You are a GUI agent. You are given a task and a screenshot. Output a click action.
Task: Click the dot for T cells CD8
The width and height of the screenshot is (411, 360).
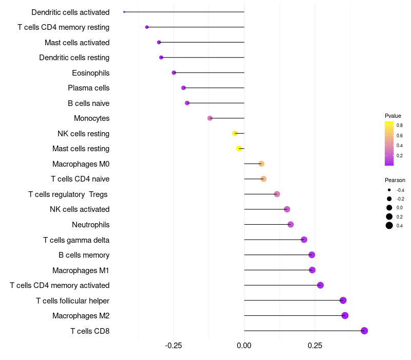(x=364, y=331)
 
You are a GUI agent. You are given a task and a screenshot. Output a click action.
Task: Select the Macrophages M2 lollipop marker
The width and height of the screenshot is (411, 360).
(x=345, y=315)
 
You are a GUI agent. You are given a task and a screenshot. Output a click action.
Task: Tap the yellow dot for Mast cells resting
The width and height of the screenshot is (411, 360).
(x=239, y=149)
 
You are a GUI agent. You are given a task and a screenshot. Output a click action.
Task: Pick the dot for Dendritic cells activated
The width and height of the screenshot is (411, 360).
(x=124, y=12)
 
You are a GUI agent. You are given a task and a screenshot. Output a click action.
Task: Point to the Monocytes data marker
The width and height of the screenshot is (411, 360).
(x=210, y=118)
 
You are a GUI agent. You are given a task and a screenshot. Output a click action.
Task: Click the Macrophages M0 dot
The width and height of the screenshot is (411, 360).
(x=261, y=164)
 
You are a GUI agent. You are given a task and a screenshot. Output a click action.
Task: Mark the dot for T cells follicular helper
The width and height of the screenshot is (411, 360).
(x=343, y=300)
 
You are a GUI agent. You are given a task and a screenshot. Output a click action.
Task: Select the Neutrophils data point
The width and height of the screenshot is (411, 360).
(x=291, y=224)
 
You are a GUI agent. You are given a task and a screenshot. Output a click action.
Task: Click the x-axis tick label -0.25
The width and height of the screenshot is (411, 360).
(x=173, y=345)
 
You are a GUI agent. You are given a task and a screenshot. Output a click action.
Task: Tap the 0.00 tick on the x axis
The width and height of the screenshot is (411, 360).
(x=244, y=345)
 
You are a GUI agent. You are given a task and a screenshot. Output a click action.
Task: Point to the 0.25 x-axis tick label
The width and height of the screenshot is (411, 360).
(x=315, y=345)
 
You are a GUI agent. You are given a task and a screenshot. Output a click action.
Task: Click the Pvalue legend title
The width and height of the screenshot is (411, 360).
(x=393, y=116)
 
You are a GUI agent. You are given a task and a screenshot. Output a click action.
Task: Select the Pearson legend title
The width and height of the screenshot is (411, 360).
(x=395, y=180)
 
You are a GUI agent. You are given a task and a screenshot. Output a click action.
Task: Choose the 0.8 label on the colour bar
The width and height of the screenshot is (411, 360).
(x=399, y=125)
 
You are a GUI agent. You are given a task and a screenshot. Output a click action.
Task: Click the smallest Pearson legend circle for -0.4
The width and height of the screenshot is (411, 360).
(x=389, y=190)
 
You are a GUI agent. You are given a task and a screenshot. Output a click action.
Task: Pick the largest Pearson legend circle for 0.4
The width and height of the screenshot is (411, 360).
(x=389, y=225)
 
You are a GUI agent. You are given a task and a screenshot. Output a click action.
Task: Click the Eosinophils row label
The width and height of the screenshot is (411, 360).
(x=90, y=73)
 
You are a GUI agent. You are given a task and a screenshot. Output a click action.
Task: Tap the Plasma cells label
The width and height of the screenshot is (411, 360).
(x=88, y=88)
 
